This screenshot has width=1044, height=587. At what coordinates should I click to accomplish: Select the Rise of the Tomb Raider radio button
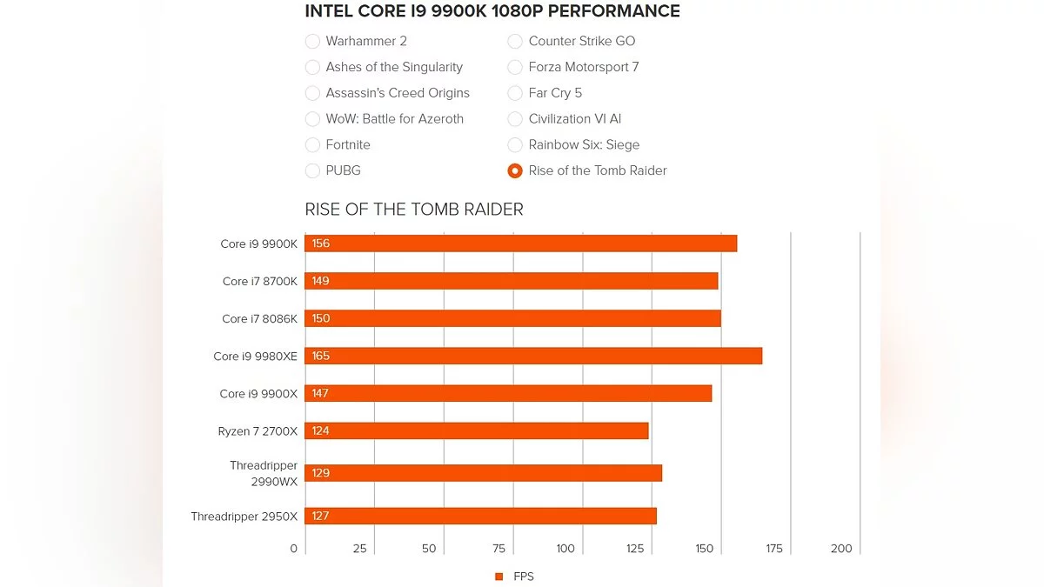(x=515, y=171)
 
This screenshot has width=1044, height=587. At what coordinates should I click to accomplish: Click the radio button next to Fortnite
(x=312, y=145)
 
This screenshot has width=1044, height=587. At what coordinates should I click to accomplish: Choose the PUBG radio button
(x=312, y=171)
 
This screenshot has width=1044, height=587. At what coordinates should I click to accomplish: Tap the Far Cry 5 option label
(x=555, y=93)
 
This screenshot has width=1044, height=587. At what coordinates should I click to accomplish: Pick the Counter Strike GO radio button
(x=515, y=41)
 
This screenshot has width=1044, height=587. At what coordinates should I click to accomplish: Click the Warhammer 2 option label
(x=366, y=41)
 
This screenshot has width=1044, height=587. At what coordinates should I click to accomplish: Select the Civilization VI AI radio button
(x=515, y=119)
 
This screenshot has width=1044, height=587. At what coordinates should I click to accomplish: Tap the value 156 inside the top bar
(x=321, y=243)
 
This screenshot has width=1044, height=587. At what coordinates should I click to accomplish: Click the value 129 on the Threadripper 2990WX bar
(x=321, y=473)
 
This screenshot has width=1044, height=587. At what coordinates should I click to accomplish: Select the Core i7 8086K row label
(x=259, y=318)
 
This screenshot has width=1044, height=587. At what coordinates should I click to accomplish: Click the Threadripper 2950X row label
(x=244, y=517)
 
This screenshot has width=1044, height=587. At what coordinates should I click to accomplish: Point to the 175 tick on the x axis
(x=774, y=549)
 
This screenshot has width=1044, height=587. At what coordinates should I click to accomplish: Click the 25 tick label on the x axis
(x=359, y=549)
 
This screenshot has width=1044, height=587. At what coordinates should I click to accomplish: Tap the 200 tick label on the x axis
(x=841, y=549)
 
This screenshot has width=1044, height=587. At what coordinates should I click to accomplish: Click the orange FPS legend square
(x=499, y=577)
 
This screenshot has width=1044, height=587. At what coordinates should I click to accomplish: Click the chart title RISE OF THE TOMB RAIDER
(x=414, y=210)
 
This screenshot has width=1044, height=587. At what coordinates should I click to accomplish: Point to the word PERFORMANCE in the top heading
(x=615, y=11)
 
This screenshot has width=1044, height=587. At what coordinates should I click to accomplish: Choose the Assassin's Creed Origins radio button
(x=312, y=93)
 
